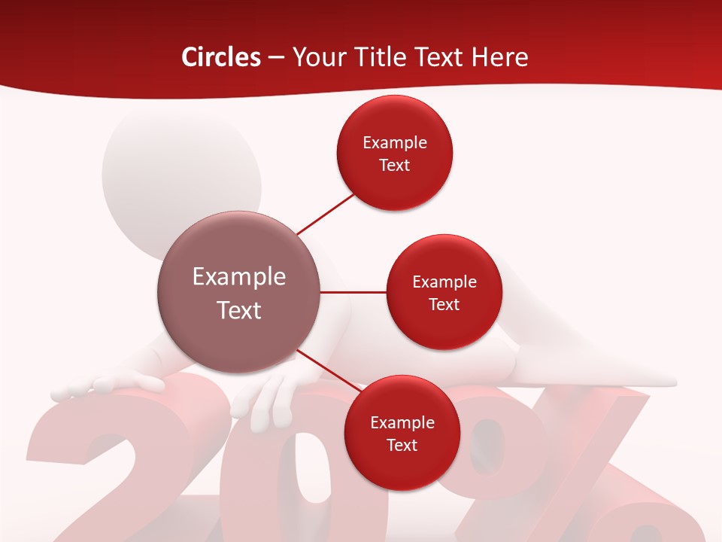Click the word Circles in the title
[220, 57]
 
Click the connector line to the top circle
[325, 214]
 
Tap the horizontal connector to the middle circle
[353, 292]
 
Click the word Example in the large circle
[239, 277]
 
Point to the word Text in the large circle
[239, 310]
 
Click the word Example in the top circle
[395, 143]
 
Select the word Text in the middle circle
[444, 304]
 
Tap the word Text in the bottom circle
[402, 445]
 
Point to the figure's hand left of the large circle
[113, 385]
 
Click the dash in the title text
[276, 58]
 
